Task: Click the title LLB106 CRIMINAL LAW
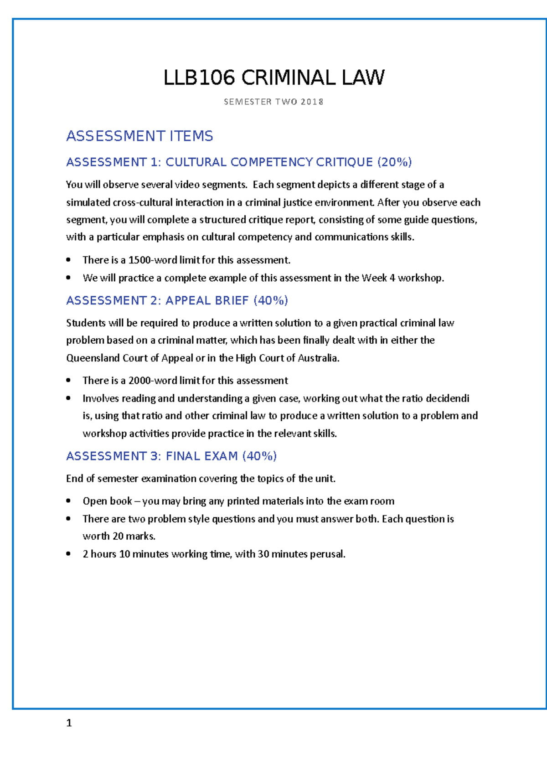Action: click(x=273, y=78)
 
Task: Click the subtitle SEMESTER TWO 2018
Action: click(x=273, y=102)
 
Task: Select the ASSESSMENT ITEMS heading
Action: click(x=139, y=136)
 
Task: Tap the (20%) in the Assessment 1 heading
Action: click(x=395, y=162)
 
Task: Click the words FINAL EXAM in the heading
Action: click(x=202, y=456)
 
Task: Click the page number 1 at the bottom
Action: click(x=69, y=723)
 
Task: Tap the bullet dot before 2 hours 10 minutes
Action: click(x=68, y=554)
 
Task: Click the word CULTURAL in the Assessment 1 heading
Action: click(x=196, y=162)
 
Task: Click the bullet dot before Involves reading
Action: click(x=68, y=398)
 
